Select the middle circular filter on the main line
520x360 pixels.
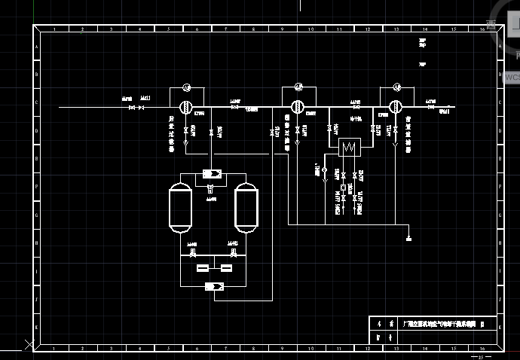pos(298,107)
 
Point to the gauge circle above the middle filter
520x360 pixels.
pos(298,86)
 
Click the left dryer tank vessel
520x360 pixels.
pos(180,206)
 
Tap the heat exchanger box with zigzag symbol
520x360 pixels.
pos(349,147)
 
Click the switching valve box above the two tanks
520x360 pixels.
pos(213,175)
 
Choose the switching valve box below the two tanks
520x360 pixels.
pos(213,286)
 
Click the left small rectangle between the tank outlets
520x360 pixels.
pos(202,267)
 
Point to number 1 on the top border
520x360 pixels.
pos(52,29)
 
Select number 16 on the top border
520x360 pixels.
pos(482,29)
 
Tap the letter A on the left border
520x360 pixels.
pos(35,44)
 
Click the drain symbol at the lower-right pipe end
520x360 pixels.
pos(408,238)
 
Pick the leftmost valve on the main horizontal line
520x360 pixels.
pos(131,108)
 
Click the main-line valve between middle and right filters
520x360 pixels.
pos(355,108)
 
